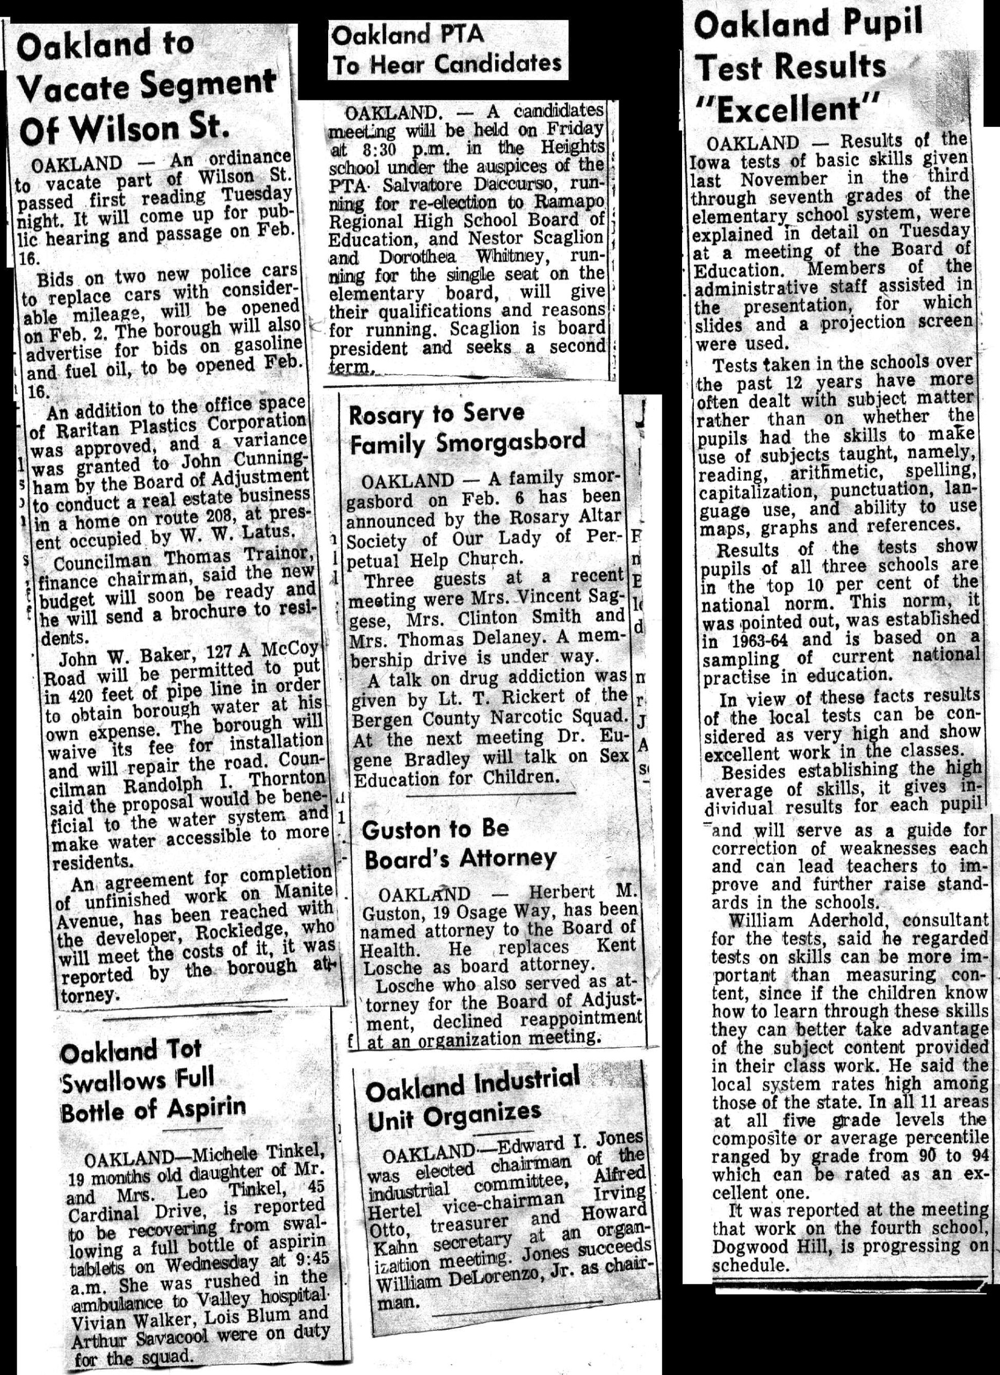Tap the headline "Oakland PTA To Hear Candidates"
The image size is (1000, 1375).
447,50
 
